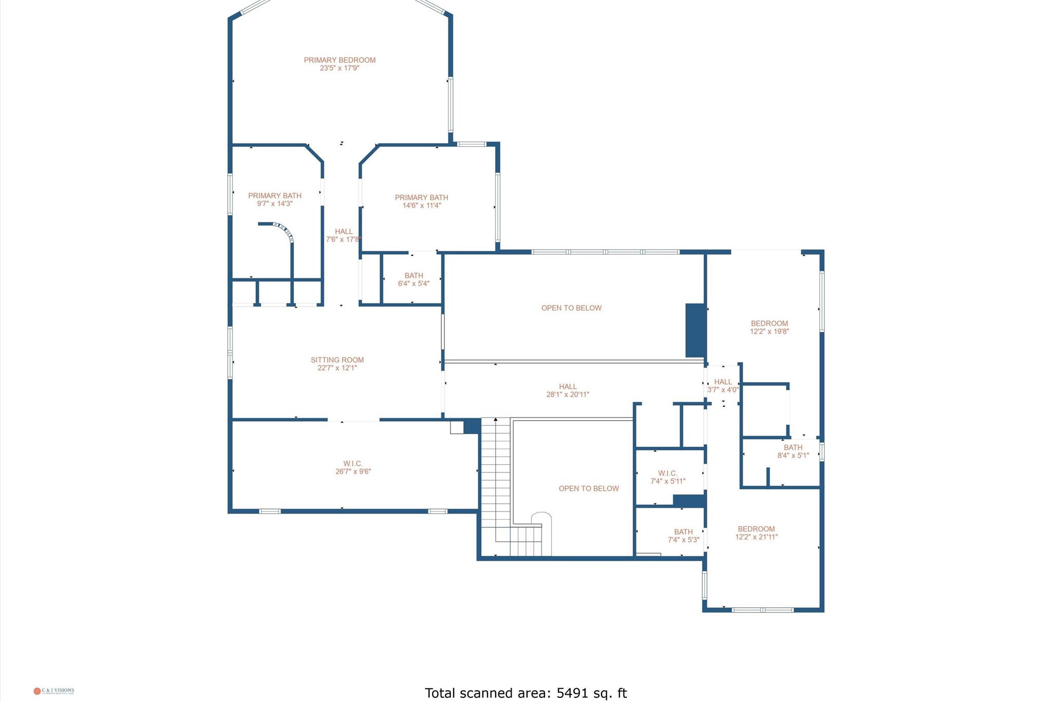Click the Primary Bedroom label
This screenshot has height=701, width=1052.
340,60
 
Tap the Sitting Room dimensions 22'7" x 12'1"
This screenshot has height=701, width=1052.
337,368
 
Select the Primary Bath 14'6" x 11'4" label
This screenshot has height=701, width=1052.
421,201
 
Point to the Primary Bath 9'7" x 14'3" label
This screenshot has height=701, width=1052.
274,199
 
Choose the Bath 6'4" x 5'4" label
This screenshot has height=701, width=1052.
414,279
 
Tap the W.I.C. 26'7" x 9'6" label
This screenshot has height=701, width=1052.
353,467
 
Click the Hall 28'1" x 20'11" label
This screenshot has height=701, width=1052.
568,390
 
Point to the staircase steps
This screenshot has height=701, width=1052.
495,478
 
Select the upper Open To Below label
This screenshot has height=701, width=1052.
571,308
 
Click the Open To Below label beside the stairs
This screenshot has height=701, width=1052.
589,488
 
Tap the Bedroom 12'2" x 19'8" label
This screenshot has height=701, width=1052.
769,327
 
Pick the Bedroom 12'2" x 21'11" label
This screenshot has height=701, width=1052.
756,533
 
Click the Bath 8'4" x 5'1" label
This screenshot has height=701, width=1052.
793,451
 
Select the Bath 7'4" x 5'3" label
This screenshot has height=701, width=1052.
683,536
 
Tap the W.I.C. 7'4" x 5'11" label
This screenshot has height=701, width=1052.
668,477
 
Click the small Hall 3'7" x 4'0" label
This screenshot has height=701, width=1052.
723,386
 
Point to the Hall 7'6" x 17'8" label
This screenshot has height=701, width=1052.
344,235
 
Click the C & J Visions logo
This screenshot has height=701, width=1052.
54,691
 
